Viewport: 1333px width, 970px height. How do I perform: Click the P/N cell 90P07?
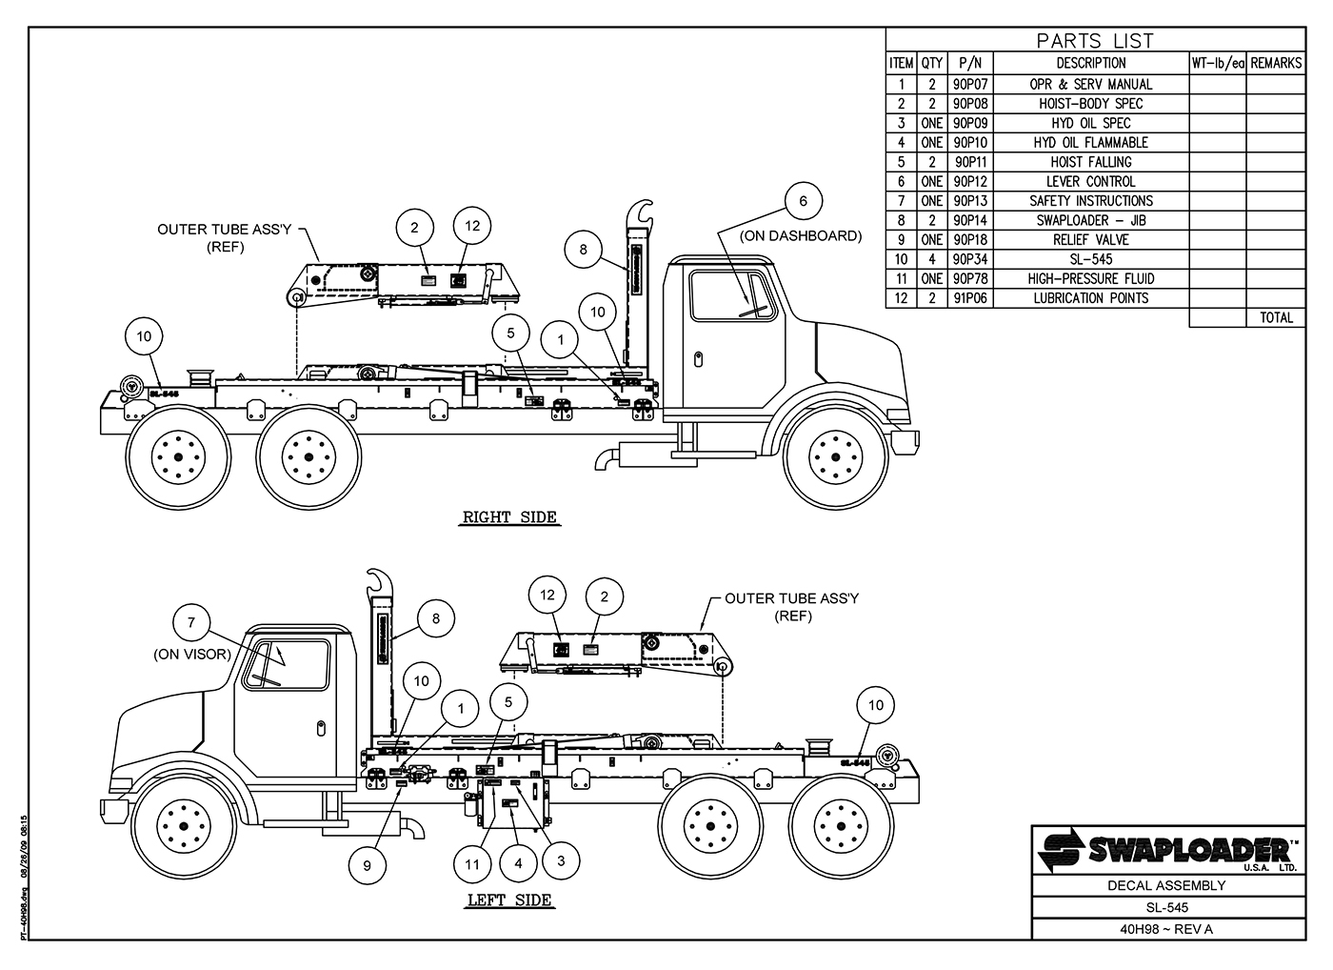970,84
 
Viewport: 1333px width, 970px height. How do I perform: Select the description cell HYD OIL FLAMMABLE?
1090,142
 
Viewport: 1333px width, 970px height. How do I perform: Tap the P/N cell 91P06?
970,298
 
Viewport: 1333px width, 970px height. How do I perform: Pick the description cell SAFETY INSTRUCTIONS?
1090,201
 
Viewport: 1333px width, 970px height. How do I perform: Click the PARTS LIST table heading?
1094,41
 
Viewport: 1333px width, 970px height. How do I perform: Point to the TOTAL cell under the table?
1276,317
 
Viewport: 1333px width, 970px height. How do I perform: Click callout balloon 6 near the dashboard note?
803,201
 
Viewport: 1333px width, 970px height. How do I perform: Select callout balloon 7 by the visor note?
191,623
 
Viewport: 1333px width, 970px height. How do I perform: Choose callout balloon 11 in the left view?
472,865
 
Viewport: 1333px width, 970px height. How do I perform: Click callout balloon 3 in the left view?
561,860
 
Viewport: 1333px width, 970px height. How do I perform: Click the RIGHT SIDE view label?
509,517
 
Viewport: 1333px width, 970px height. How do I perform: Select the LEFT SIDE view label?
509,899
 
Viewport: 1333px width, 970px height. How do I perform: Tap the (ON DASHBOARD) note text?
801,235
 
